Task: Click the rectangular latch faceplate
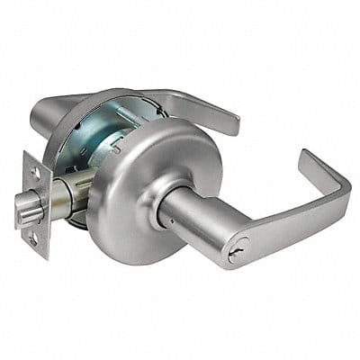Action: pyautogui.click(x=37, y=205)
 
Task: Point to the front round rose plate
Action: pyautogui.click(x=126, y=225)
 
